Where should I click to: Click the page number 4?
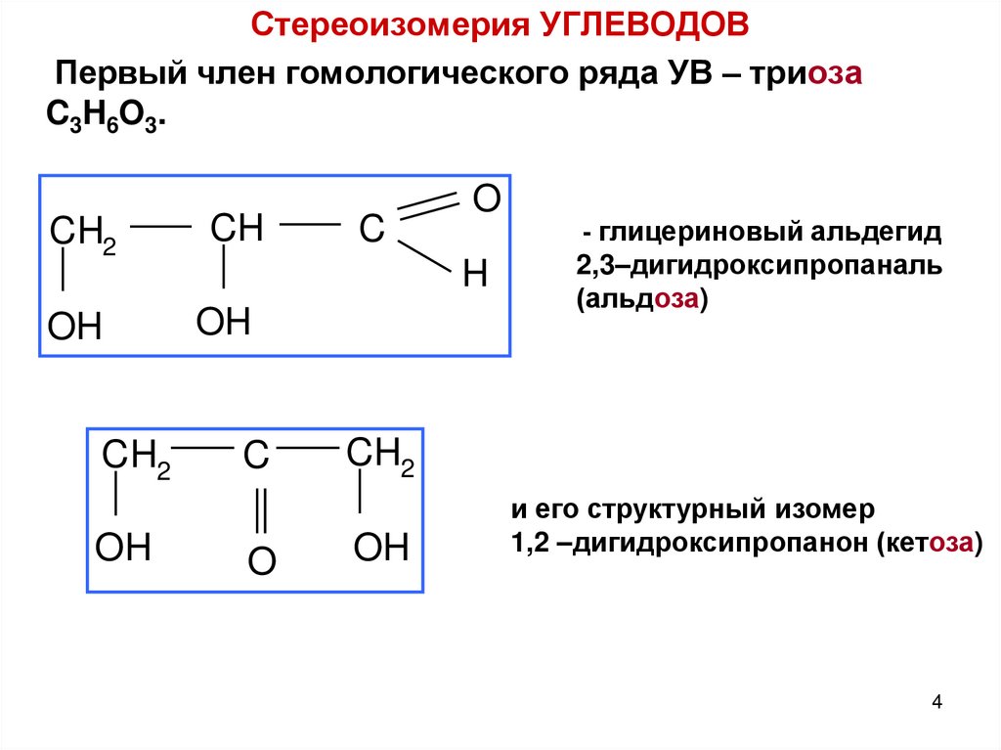(937, 702)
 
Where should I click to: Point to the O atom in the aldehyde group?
(485, 198)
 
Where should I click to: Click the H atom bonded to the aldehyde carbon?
(474, 276)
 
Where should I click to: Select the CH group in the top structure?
(237, 229)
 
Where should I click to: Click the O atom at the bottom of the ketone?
(260, 560)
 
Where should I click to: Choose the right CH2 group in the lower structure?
(380, 456)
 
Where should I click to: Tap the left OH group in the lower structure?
(123, 548)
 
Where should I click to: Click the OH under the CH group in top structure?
(224, 322)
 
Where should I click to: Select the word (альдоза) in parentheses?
(640, 300)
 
